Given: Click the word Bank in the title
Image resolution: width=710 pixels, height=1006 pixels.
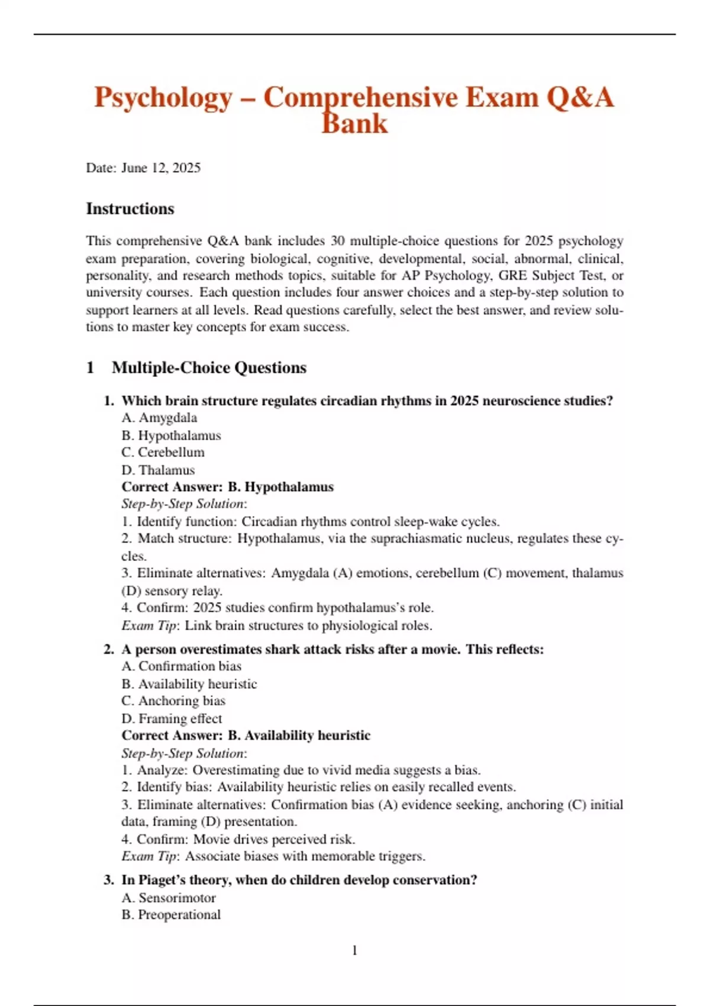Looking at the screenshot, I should (x=354, y=124).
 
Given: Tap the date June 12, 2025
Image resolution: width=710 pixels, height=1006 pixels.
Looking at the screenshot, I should (x=161, y=168).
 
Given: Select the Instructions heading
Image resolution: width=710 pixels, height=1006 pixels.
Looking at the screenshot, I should (x=130, y=209).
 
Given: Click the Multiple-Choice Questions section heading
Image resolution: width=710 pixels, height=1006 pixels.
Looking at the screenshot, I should (x=209, y=367).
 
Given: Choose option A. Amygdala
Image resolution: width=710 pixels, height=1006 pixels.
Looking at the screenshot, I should (x=159, y=418).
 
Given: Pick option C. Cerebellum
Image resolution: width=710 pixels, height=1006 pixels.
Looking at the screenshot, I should (x=163, y=452).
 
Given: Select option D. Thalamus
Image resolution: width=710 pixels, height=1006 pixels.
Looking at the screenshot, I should (x=158, y=470).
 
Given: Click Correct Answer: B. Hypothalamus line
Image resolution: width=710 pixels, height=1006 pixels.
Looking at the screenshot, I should (x=228, y=487).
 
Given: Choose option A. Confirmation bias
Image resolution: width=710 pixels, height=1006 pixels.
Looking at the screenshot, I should (x=182, y=666).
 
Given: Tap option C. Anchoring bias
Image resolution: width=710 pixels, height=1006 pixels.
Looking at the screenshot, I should (x=173, y=701).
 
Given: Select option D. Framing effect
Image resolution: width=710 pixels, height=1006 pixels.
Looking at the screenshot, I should (x=172, y=718).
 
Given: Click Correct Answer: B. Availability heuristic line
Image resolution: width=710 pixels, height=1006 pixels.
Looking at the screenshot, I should (x=246, y=736).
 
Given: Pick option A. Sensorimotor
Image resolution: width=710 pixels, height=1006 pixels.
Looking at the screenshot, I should (x=169, y=898).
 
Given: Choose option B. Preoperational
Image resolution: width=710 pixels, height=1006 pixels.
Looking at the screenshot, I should (x=171, y=915).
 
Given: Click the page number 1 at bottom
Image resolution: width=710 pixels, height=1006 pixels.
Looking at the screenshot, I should (x=354, y=950).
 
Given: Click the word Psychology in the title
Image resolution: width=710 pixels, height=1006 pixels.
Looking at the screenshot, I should (x=163, y=98).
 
